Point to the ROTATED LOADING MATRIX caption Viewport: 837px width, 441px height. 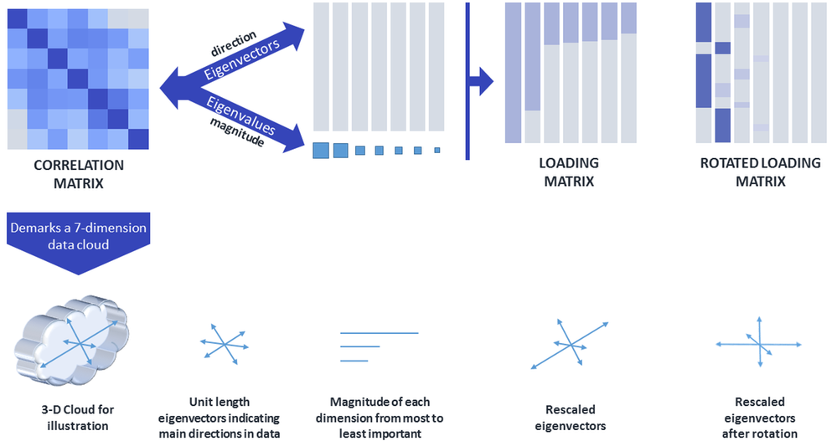pos(760,172)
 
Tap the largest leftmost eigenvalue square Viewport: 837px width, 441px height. pos(321,151)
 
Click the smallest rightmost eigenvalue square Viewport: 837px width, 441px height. pos(437,151)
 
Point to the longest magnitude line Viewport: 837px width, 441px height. pos(379,333)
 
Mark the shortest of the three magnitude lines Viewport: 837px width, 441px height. pos(354,361)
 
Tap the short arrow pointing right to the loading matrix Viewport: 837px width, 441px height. pos(481,82)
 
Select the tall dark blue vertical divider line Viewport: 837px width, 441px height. pos(467,80)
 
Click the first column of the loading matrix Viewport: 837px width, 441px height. pos(514,72)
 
